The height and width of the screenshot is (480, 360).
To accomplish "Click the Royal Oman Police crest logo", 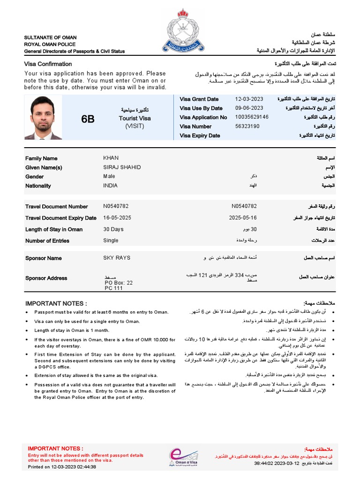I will click(180, 31).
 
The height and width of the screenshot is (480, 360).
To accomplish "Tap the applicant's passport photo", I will click(43, 118).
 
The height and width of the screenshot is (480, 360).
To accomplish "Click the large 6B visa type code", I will click(88, 119).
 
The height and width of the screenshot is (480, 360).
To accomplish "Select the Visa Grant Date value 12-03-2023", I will click(249, 99).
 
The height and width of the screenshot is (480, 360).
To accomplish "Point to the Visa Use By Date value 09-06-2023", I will click(249, 108).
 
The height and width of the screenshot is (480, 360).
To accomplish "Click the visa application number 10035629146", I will click(252, 117).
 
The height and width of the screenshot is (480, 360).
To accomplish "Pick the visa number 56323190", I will click(247, 127).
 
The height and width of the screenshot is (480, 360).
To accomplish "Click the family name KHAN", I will click(111, 158).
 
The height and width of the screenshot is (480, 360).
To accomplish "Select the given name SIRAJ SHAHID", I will click(122, 167).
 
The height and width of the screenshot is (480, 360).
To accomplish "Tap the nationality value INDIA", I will click(111, 186).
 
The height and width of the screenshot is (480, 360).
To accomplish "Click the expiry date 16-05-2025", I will click(118, 218).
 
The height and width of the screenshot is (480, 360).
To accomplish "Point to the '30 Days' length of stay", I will click(113, 229).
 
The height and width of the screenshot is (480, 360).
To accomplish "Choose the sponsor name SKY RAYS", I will click(117, 258).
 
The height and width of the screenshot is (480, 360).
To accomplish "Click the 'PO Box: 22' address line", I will click(119, 283).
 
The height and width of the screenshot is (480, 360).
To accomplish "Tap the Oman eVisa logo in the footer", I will click(183, 456).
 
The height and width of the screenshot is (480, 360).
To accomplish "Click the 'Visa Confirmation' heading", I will click(48, 64).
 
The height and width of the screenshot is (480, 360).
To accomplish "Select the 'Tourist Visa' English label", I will click(135, 119).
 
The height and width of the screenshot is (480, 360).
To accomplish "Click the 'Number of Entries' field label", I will click(47, 241).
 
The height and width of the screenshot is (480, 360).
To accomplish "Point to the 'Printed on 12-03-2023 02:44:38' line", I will click(62, 467).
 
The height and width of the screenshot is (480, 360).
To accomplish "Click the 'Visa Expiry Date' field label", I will click(200, 136).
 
